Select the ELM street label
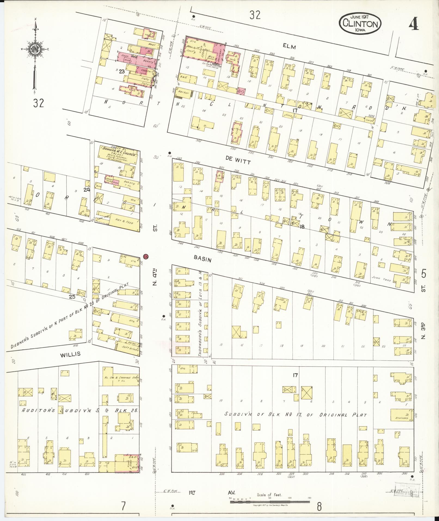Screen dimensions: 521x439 point(289,47)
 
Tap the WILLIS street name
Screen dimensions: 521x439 point(70,354)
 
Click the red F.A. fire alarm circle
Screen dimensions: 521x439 point(146,256)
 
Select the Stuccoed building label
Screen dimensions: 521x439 point(402,418)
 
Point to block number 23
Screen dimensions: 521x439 point(121,71)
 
